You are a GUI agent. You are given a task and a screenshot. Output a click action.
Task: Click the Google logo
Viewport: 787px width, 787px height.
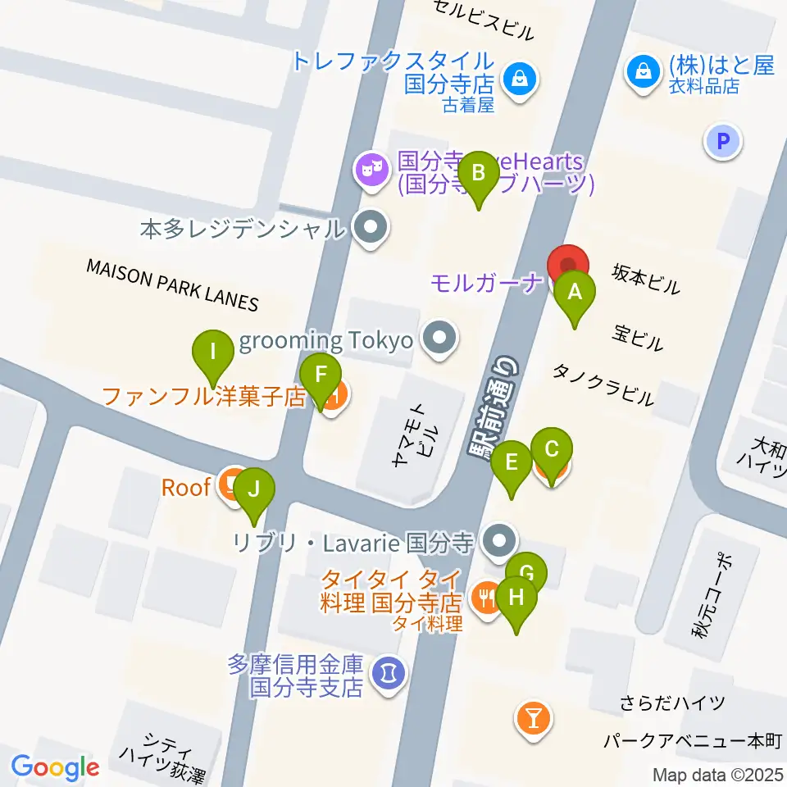[55, 767]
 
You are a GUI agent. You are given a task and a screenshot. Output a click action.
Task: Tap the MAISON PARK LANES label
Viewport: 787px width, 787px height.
[172, 284]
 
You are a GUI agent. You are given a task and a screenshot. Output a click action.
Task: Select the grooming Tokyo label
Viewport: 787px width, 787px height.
[325, 340]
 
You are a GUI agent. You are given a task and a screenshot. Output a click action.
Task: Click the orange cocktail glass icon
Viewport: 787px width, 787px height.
[535, 720]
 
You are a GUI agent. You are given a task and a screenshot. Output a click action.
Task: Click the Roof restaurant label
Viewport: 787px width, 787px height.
[186, 488]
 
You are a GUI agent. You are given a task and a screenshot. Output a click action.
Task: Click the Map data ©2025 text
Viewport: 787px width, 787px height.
[718, 774]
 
